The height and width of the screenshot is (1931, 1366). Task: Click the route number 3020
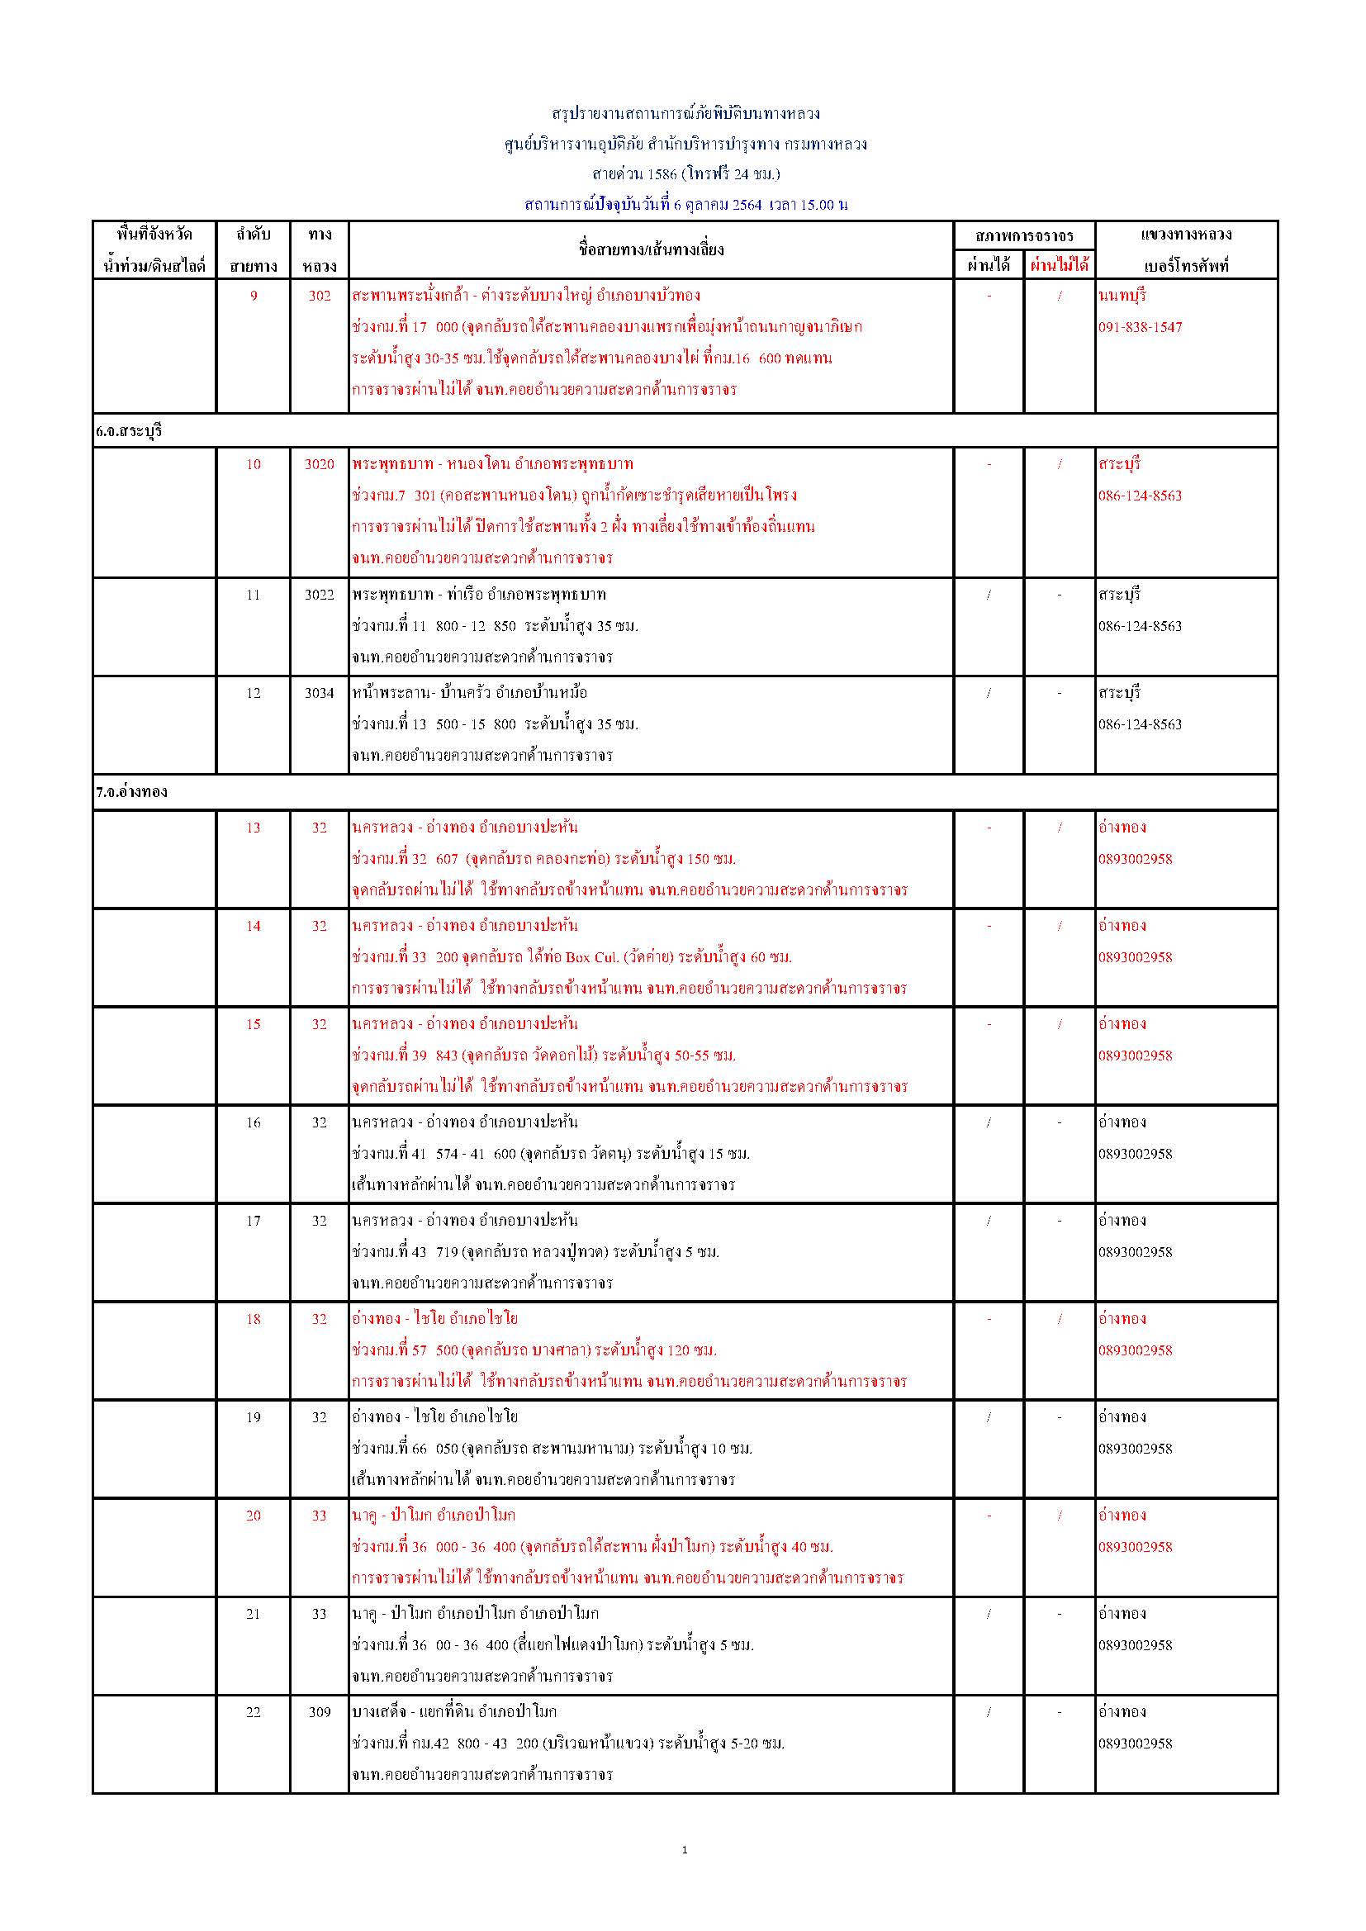point(319,464)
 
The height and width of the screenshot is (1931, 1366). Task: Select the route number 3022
point(319,595)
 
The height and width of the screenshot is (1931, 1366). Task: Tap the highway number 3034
point(319,693)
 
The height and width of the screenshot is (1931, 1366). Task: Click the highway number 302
point(319,296)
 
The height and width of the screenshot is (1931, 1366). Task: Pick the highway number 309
point(319,1711)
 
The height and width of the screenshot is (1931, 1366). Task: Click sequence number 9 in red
point(254,296)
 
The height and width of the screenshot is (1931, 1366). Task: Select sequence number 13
point(254,828)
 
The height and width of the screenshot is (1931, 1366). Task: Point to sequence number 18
point(254,1319)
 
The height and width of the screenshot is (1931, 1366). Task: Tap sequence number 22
point(254,1711)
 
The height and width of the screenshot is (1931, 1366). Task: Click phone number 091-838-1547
point(1140,327)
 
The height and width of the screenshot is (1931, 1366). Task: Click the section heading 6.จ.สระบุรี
point(129,431)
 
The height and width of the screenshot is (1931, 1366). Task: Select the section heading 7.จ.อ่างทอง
point(131,791)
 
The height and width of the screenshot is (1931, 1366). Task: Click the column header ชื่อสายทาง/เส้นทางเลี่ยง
point(651,249)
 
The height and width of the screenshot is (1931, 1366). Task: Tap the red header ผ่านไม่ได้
point(1059,265)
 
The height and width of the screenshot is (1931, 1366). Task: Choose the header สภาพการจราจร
point(1023,235)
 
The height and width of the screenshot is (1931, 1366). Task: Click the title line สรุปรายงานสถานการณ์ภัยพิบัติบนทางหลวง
point(685,112)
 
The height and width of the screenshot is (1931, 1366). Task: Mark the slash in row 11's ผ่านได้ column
point(989,595)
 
